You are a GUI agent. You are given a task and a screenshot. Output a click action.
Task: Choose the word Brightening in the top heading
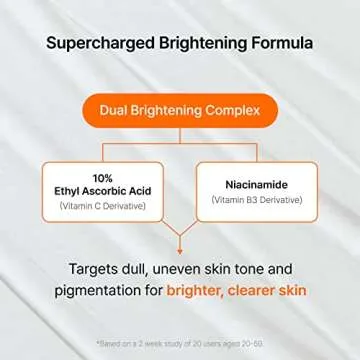coord(194,44)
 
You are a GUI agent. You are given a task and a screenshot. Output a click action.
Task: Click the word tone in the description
coord(255,270)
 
